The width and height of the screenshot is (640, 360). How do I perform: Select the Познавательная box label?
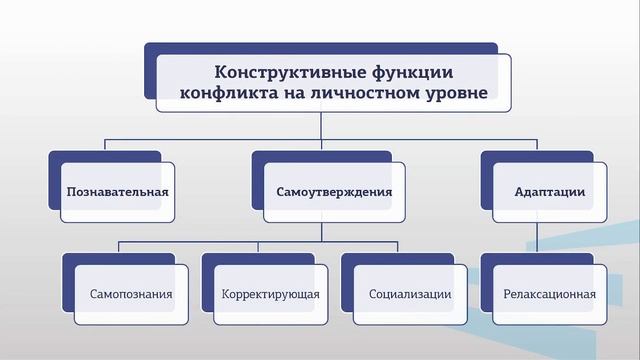[117, 191]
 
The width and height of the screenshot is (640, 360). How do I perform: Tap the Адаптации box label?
[549, 191]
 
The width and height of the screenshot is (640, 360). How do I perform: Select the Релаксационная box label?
[550, 295]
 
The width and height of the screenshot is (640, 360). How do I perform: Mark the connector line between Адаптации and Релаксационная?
[537, 237]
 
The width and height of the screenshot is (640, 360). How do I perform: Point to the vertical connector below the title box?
[321, 130]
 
